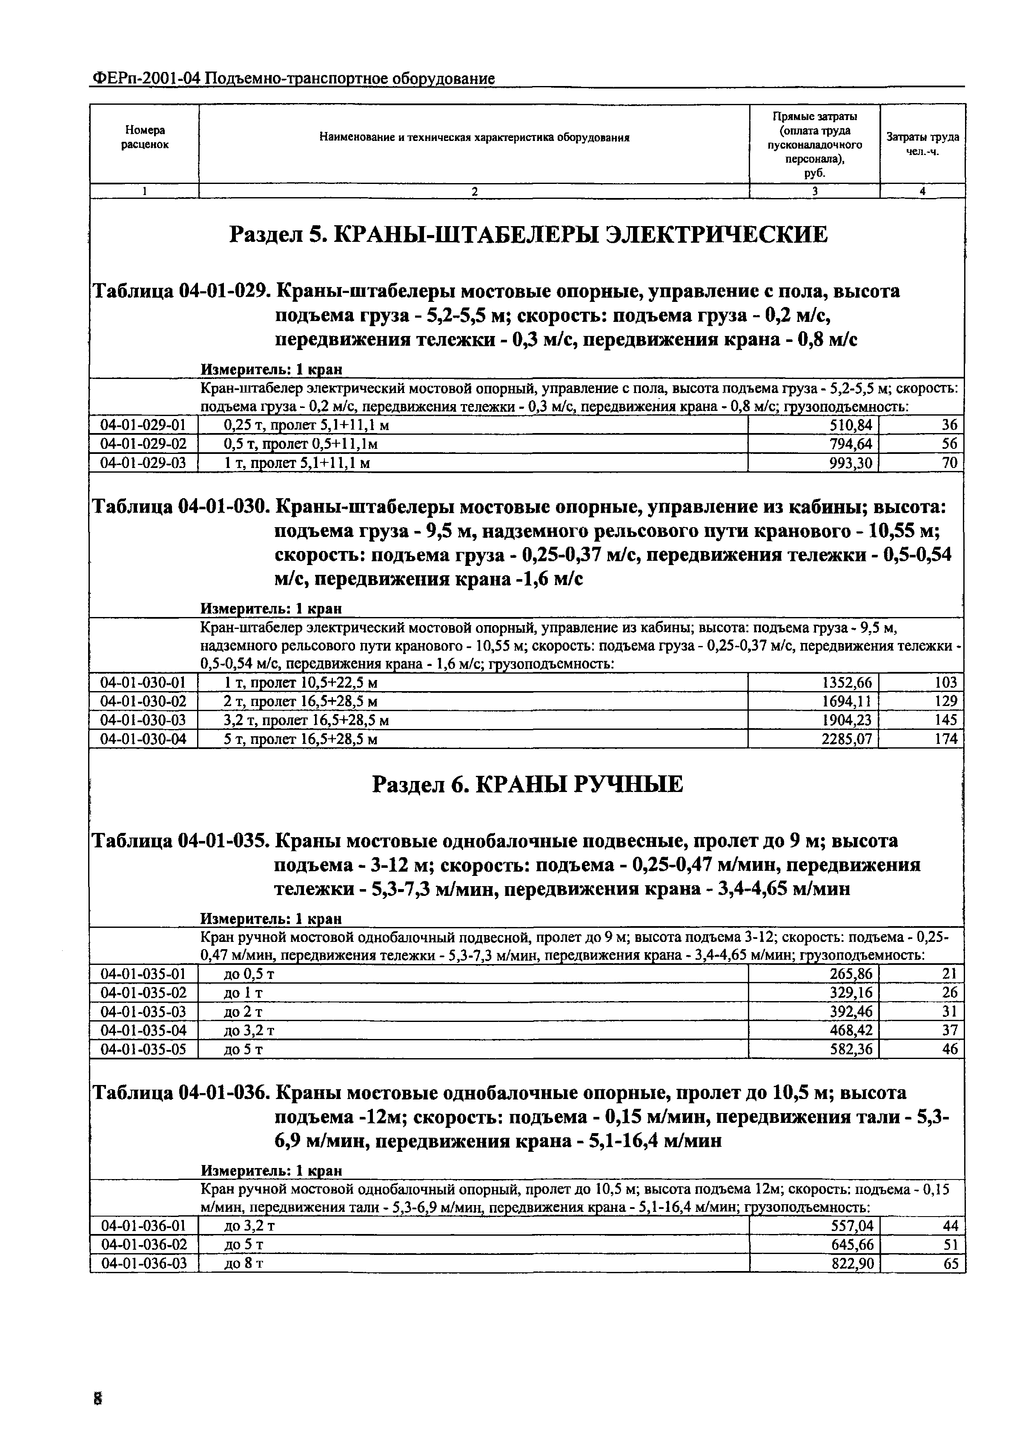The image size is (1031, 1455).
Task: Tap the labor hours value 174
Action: pyautogui.click(x=945, y=739)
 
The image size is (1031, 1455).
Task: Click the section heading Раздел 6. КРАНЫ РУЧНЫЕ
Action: pyautogui.click(x=527, y=784)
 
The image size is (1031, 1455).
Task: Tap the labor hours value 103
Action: pyautogui.click(x=945, y=683)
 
